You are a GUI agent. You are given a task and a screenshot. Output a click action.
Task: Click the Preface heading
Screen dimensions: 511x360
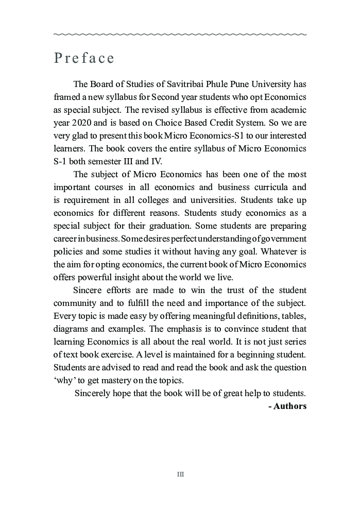[84, 58]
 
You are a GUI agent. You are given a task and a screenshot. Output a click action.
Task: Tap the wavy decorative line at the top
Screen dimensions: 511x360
[180, 35]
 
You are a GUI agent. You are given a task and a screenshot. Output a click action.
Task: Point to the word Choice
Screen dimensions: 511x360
[163, 123]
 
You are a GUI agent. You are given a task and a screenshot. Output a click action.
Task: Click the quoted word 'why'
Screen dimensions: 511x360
[63, 381]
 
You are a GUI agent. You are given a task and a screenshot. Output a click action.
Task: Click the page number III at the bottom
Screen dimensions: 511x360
[180, 474]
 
